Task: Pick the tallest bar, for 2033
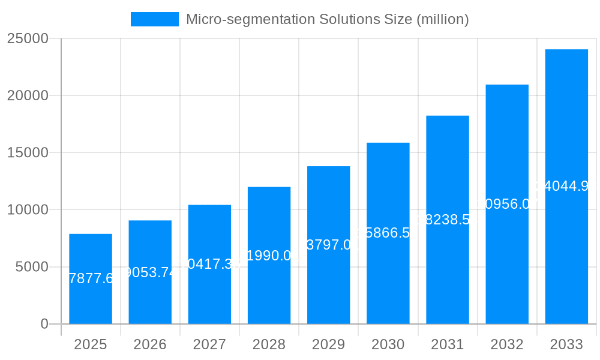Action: pos(566,252)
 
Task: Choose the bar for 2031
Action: pos(448,270)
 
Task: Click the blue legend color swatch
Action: pos(155,19)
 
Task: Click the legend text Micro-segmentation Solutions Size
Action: pos(327,19)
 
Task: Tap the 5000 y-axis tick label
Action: pos(32,267)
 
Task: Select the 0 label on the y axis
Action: pos(44,324)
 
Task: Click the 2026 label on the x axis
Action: pos(150,344)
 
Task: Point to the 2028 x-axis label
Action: pos(269,344)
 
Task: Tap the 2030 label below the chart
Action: pos(388,344)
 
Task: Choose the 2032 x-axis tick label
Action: pos(507,344)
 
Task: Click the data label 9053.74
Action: pos(150,272)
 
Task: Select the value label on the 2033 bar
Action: pos(566,186)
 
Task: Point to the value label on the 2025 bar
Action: pos(91,278)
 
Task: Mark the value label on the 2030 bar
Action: pos(388,233)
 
